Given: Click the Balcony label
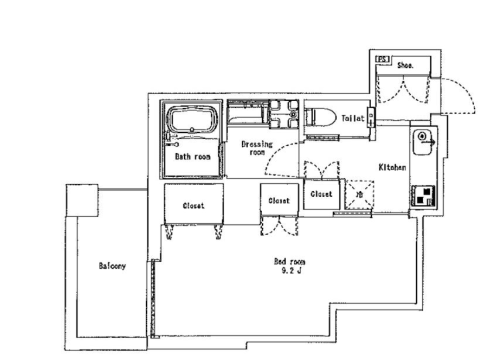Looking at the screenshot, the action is pos(112,266).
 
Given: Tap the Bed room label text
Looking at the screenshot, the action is pos(289,261).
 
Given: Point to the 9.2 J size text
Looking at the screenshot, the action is pos(291,271).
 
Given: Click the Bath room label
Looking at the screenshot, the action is pos(192,156).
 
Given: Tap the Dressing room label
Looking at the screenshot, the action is pos(257,148).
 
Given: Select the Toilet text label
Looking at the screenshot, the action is pos(353,118).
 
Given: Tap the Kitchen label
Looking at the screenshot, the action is pos(392,167).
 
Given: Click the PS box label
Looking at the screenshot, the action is pos(382,59).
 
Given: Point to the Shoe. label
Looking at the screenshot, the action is pos(405,65).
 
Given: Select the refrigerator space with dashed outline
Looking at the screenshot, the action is pos(359,194).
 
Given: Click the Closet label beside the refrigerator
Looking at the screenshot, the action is pos(321,194).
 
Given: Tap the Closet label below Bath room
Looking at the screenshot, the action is pos(193,205).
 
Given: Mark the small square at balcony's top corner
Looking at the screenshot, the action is pos(82,200).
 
